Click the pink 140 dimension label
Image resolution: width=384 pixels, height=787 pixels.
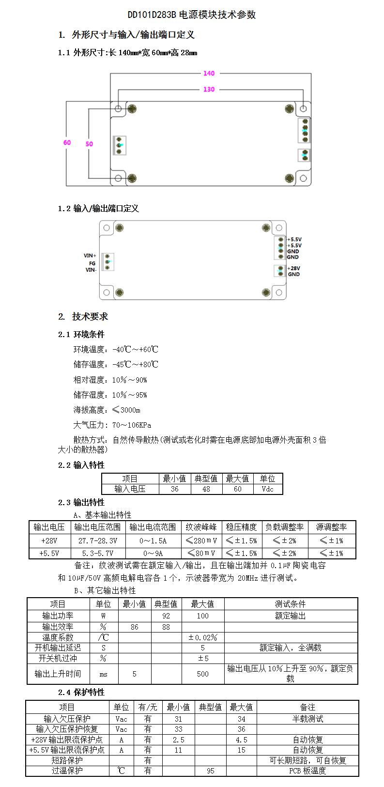click(x=209, y=74)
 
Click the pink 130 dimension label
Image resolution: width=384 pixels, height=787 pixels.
click(x=209, y=90)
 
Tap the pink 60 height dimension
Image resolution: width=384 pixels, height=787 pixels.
click(x=67, y=142)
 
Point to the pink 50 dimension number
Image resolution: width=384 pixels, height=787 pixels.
click(x=89, y=144)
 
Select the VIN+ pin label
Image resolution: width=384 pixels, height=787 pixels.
click(x=90, y=256)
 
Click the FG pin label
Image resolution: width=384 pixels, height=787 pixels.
click(x=92, y=263)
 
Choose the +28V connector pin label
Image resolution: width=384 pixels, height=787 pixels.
click(x=294, y=268)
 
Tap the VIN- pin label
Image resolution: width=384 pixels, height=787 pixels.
click(x=91, y=270)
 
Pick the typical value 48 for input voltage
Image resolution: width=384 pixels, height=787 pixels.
click(x=206, y=489)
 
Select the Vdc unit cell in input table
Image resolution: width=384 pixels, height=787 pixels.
click(x=267, y=489)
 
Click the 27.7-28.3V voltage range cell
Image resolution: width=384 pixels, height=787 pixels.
click(x=98, y=540)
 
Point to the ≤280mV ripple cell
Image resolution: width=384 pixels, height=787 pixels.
click(x=201, y=540)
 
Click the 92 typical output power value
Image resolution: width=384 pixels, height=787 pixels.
click(x=166, y=616)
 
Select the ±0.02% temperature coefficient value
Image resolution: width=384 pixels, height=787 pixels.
click(x=202, y=638)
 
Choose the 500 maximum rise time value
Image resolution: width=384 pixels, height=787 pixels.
click(x=202, y=674)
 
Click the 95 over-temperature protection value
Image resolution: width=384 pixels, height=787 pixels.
click(x=210, y=771)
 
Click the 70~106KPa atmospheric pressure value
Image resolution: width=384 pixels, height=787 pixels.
click(x=131, y=425)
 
